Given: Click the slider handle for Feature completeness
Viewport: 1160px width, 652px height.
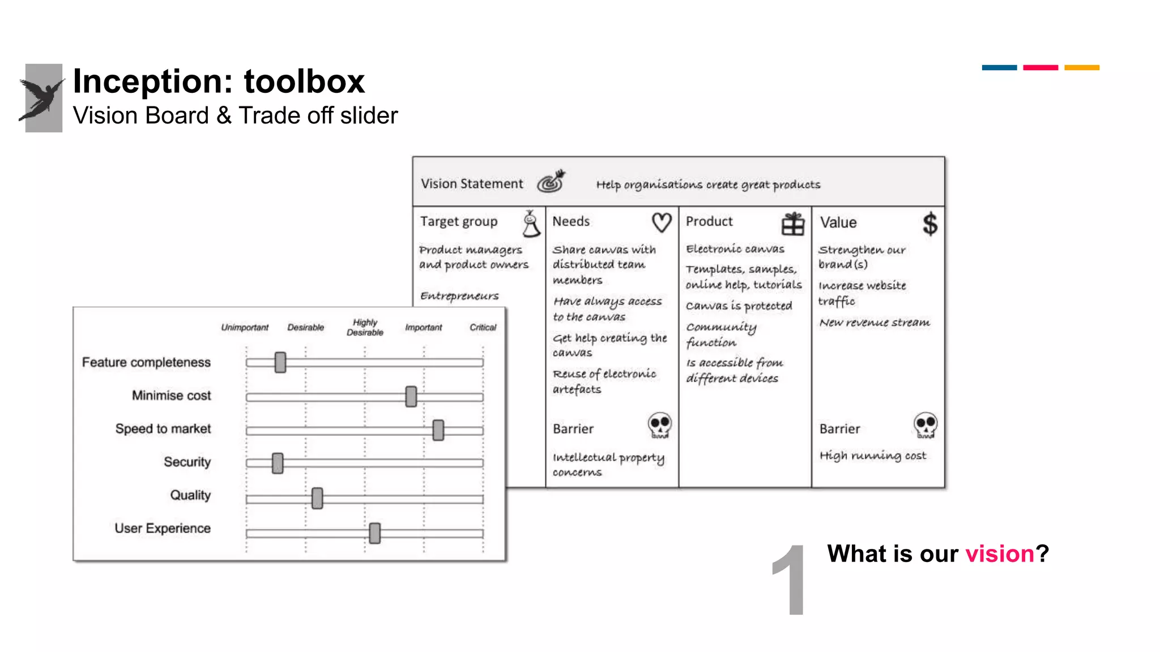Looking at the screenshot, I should coord(280,362).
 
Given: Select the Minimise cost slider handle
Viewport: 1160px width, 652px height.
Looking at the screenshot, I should coord(411,396).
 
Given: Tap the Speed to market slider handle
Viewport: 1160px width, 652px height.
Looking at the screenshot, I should coord(438,430).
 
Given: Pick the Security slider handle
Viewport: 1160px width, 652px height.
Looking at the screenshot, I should coord(278,463).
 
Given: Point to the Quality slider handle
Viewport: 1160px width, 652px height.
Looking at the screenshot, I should coord(317,498).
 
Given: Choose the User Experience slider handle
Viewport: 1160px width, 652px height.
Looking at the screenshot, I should coord(374,533).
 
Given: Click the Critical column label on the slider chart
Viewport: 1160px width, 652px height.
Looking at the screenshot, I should coord(483,327).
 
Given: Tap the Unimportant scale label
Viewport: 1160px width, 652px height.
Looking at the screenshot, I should coord(245,327).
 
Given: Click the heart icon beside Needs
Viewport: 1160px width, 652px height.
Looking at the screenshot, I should coord(662,222).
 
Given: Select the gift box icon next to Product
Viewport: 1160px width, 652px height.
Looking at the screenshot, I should coord(793,224).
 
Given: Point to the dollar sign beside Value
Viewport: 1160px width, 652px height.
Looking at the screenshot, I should coord(929,224).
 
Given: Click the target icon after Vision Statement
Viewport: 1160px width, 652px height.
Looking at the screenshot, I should coord(551,181).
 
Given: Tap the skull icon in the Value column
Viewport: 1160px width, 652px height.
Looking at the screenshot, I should coord(926,425).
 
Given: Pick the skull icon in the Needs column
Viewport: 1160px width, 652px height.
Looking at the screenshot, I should coord(660,425).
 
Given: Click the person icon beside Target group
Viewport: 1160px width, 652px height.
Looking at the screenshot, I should coord(531,224).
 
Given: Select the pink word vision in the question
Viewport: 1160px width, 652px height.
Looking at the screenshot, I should coord(1000,554).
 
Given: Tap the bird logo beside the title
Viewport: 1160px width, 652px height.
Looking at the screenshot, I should coord(43,98).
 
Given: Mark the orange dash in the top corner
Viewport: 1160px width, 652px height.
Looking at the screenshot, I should coord(1081,67).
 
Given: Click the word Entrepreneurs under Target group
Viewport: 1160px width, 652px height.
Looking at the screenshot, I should coord(459,296).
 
